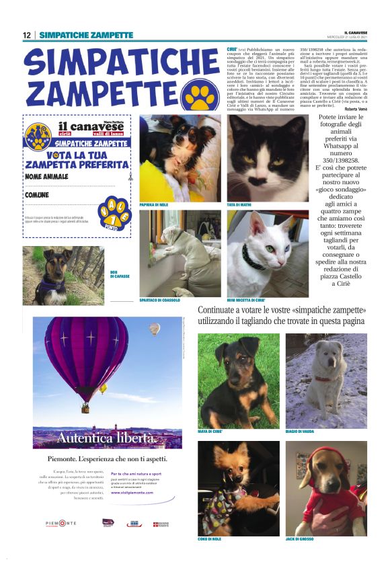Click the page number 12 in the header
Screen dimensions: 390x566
click(x=27, y=35)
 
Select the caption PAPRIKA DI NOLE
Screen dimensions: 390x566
click(x=154, y=204)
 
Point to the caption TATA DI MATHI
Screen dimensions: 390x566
click(x=239, y=204)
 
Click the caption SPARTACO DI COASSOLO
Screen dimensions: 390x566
click(x=159, y=300)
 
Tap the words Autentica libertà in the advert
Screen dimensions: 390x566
click(x=107, y=438)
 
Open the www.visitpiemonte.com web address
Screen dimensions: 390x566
click(x=132, y=493)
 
